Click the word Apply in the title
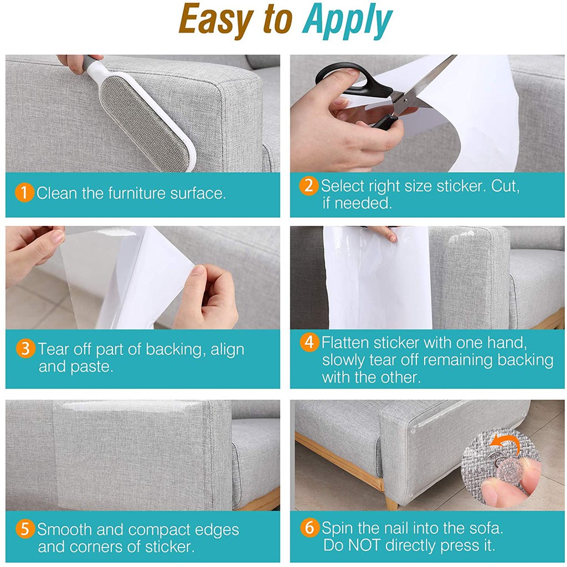[x=348, y=22]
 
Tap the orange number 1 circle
[x=24, y=192]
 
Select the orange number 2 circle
[x=308, y=185]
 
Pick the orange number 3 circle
[x=25, y=349]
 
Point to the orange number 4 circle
[x=309, y=342]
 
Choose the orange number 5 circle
[x=25, y=529]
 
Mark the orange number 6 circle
[x=310, y=528]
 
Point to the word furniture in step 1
[x=137, y=193]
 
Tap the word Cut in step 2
[x=505, y=186]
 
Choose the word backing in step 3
[x=176, y=350]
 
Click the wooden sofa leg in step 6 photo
[x=391, y=501]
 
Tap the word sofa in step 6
[x=486, y=528]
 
